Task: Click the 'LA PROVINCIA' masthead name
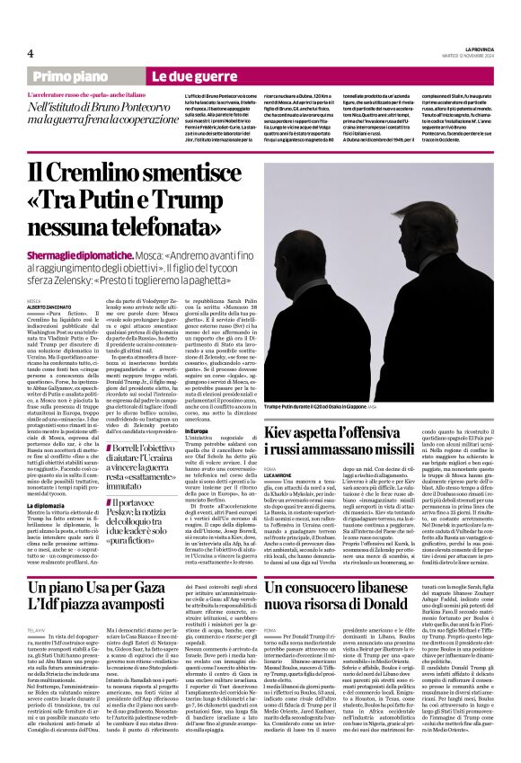tap(476, 49)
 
